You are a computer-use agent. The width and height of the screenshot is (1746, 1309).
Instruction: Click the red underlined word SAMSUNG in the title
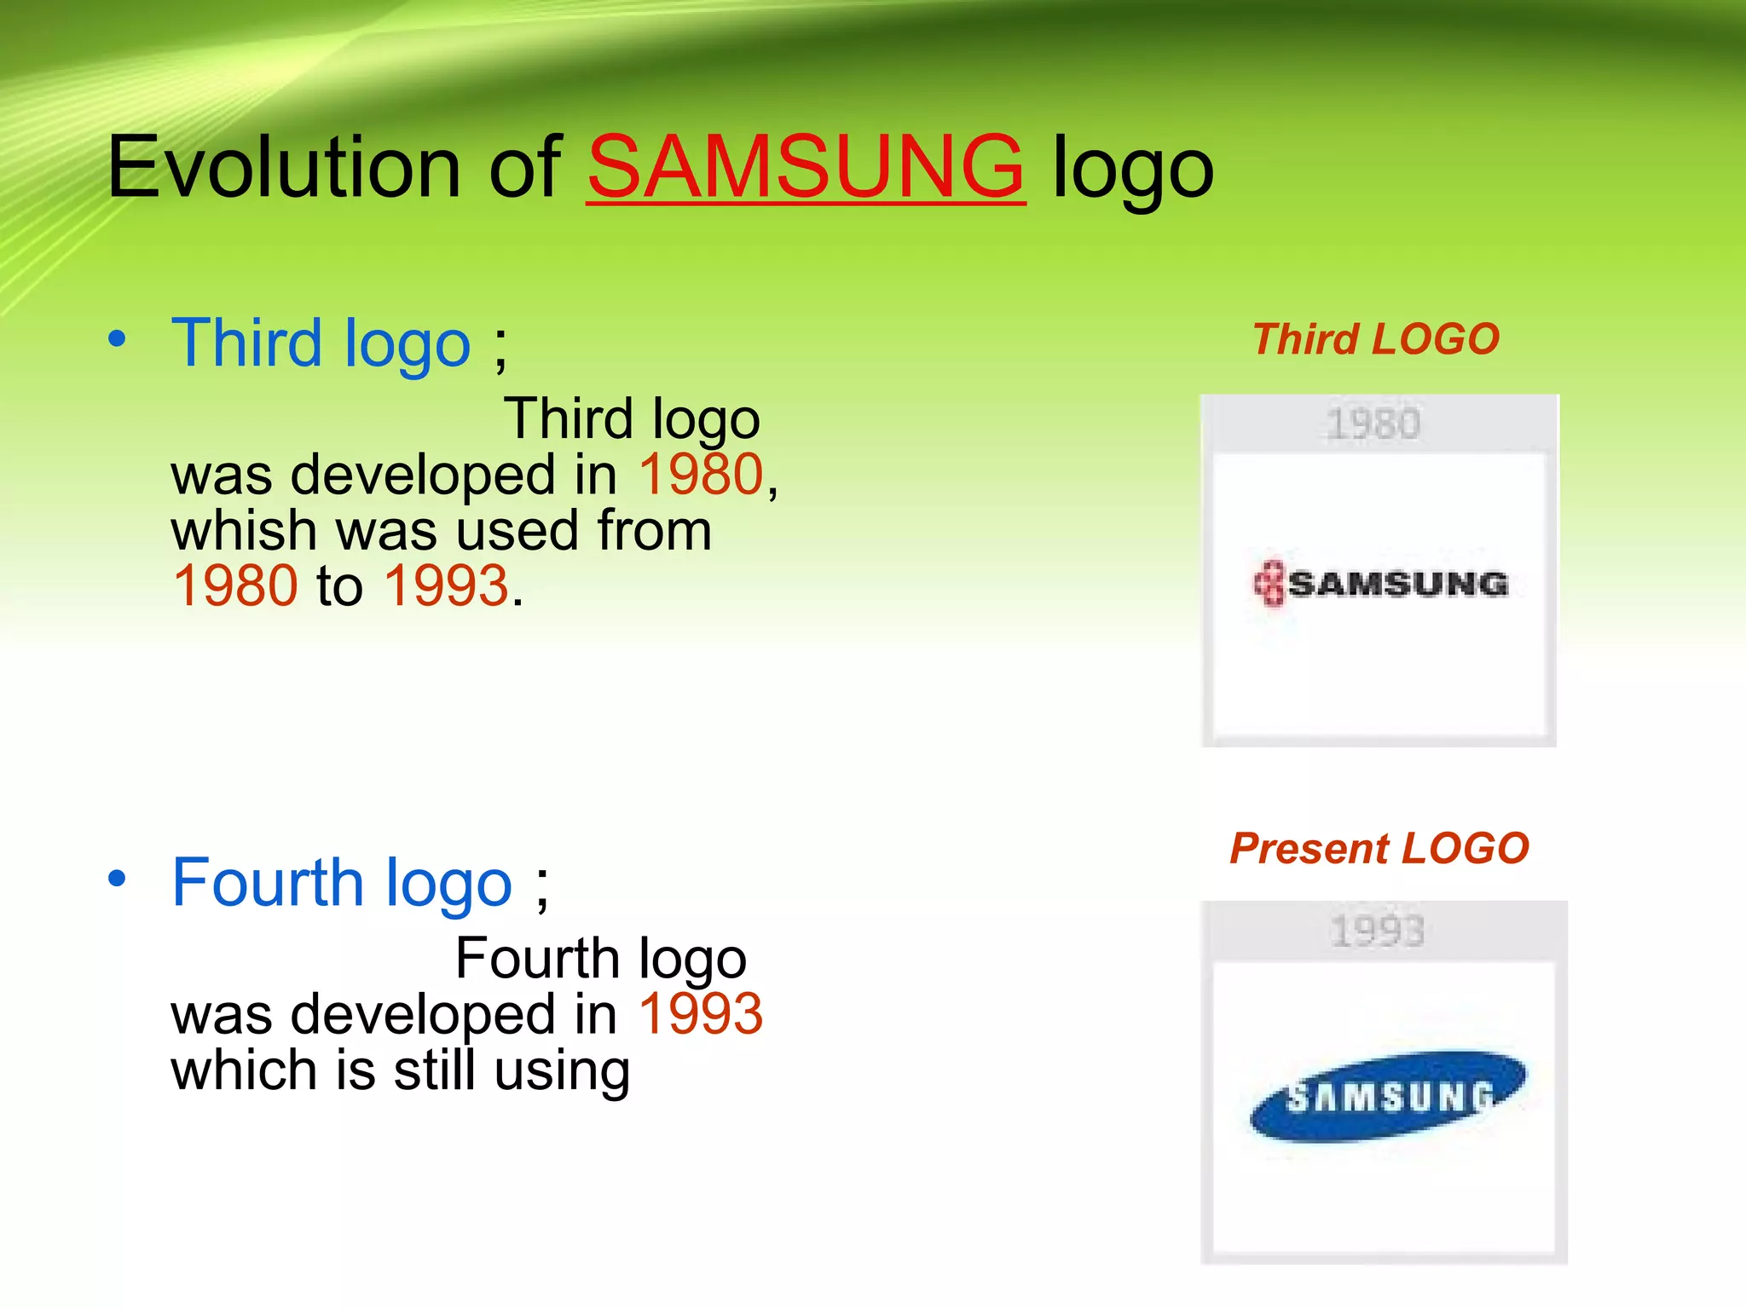pos(806,167)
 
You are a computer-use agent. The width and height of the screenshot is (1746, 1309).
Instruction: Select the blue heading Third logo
pos(321,343)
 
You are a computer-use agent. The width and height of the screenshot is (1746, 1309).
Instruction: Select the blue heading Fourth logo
pos(341,883)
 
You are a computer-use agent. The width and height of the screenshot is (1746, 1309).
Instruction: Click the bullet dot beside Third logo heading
pos(118,339)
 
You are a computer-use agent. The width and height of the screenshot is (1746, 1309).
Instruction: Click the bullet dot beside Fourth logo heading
pos(118,879)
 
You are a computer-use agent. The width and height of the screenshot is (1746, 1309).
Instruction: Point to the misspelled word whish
pos(244,530)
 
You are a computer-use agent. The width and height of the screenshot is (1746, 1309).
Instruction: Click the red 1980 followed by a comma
pos(701,475)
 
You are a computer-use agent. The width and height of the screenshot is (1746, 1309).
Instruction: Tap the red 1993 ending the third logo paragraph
pos(446,586)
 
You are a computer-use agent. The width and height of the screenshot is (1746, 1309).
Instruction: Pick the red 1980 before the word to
pos(234,586)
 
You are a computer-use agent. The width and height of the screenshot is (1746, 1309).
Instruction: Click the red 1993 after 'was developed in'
pos(701,1014)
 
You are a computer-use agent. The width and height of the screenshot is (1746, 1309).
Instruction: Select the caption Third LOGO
pos(1375,339)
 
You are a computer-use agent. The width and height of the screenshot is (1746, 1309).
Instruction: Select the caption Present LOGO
pos(1379,849)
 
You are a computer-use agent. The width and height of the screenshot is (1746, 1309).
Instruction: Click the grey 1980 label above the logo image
pos(1373,424)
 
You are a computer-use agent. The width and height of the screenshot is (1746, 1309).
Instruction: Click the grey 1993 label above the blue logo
pos(1377,931)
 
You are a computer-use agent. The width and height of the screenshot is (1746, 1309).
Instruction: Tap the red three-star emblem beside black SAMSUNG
pos(1269,584)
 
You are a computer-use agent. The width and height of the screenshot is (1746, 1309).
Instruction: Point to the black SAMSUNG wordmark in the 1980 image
pos(1398,585)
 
